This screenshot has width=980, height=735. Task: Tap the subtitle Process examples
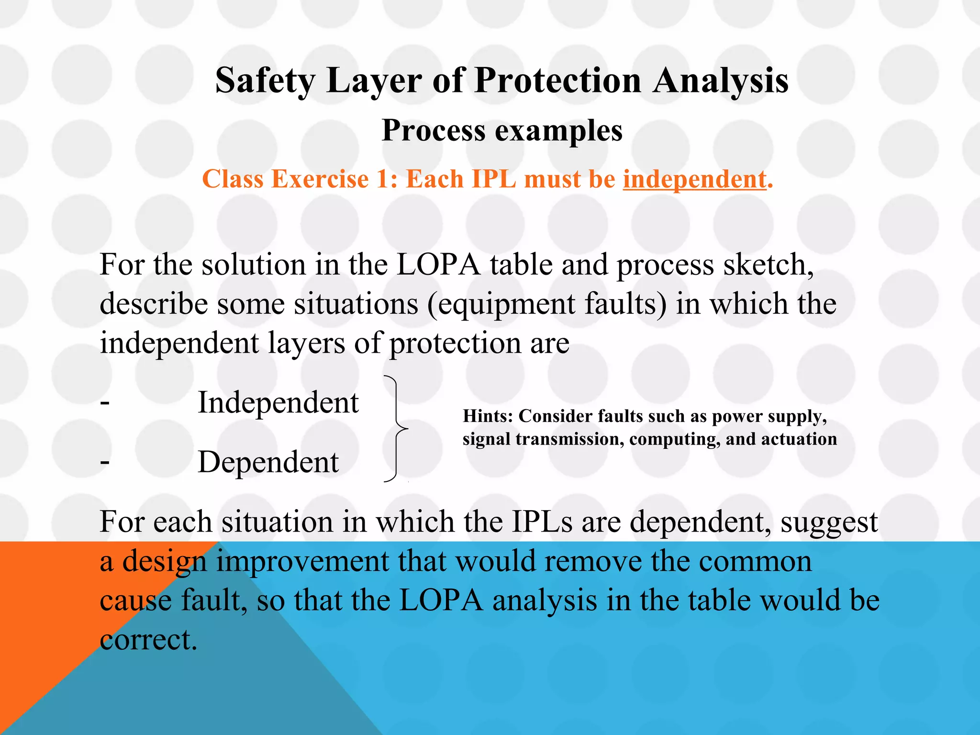(x=502, y=130)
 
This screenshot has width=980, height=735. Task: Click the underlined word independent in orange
(x=694, y=179)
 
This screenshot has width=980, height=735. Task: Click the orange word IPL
(x=494, y=179)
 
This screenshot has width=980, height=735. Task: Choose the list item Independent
(x=278, y=402)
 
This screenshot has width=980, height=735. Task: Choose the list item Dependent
(x=268, y=462)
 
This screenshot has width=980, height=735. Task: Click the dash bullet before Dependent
(x=105, y=463)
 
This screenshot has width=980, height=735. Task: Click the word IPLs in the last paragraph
(x=542, y=522)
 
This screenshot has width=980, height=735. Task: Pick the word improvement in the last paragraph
(x=302, y=561)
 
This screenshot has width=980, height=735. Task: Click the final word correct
(x=148, y=640)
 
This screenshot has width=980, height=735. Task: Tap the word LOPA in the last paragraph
(x=441, y=600)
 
